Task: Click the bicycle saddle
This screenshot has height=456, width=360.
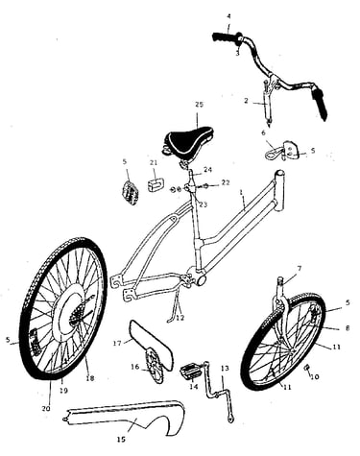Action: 188,141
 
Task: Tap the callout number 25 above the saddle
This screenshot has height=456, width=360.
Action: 199,105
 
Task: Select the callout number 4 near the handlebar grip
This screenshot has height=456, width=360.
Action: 228,16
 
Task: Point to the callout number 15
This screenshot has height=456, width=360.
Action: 121,440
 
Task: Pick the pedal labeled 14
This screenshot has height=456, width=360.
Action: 190,371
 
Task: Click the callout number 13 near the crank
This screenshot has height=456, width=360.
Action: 225,369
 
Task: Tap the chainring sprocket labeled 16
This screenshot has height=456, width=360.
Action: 155,366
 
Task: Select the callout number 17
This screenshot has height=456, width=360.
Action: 117,344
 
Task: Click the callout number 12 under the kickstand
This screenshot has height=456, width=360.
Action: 180,319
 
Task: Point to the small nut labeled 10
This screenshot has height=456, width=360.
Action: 307,368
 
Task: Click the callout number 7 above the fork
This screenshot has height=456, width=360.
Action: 299,268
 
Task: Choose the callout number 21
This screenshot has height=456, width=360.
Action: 154,162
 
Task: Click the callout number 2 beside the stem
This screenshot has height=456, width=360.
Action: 246,101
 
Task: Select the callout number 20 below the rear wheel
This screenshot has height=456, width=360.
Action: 46,409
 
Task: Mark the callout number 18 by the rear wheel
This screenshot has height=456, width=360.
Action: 90,378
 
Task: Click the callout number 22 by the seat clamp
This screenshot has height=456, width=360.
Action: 226,182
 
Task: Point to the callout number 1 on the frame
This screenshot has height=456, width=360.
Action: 242,193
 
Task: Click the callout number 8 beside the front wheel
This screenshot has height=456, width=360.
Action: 348,328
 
